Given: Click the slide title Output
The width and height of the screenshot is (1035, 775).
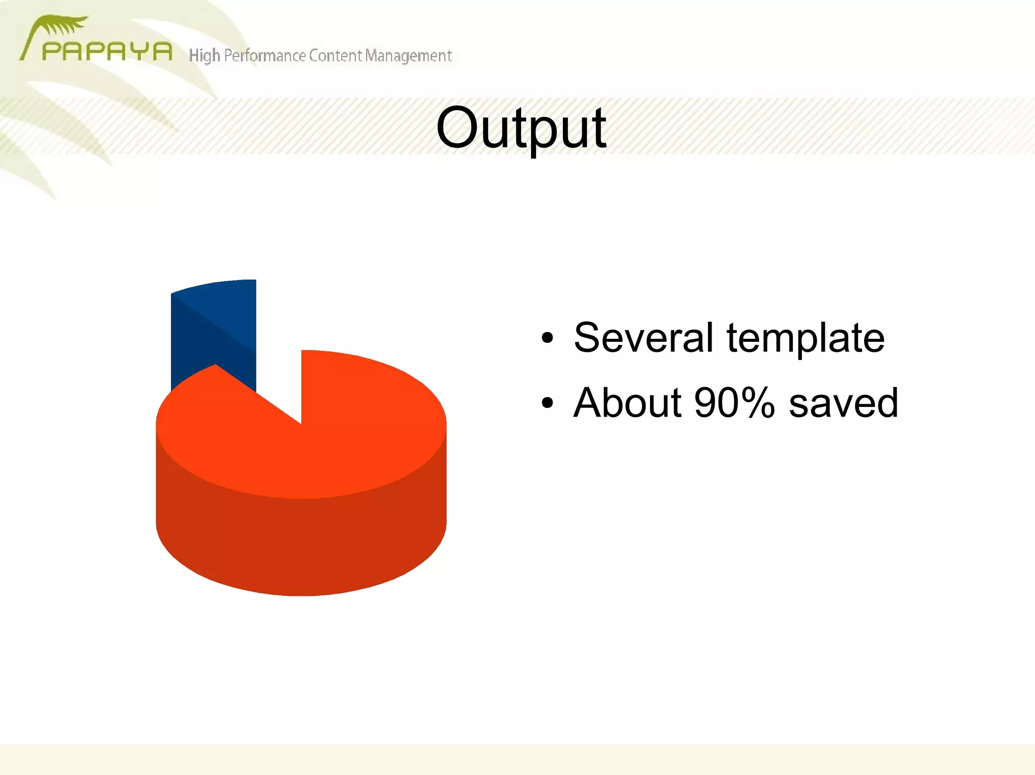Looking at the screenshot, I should coord(521,129).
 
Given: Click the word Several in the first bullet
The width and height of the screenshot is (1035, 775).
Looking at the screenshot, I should coord(643,338).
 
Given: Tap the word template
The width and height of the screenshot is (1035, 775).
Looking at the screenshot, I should coord(806,339).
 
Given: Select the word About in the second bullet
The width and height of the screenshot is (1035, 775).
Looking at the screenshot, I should coord(627,403).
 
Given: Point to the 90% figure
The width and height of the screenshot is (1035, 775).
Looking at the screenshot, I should coord(734,403).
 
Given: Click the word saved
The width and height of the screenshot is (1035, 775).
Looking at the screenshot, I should coord(843,403).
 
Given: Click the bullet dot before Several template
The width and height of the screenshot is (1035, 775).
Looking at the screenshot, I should coord(547,338).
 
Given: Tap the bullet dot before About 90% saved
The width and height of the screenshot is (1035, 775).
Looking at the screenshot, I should coord(547,403).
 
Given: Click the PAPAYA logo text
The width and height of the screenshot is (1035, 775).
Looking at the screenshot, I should coord(107,51).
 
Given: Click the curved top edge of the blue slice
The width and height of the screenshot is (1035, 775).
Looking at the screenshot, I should coord(212,283).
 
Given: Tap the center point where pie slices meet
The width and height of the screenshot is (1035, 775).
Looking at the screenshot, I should coord(301,423).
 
